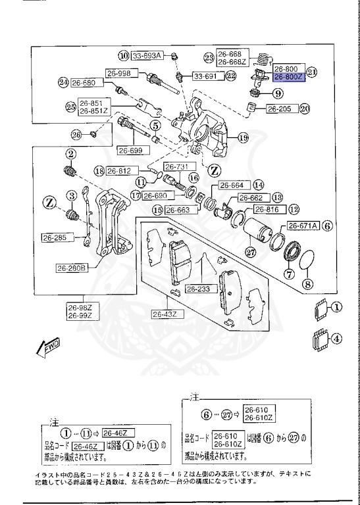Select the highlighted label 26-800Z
[288, 76]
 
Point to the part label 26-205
[281, 109]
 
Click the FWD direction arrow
[50, 347]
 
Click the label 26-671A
[303, 225]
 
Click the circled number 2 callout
[68, 154]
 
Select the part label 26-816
[267, 210]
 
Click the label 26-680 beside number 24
[83, 84]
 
